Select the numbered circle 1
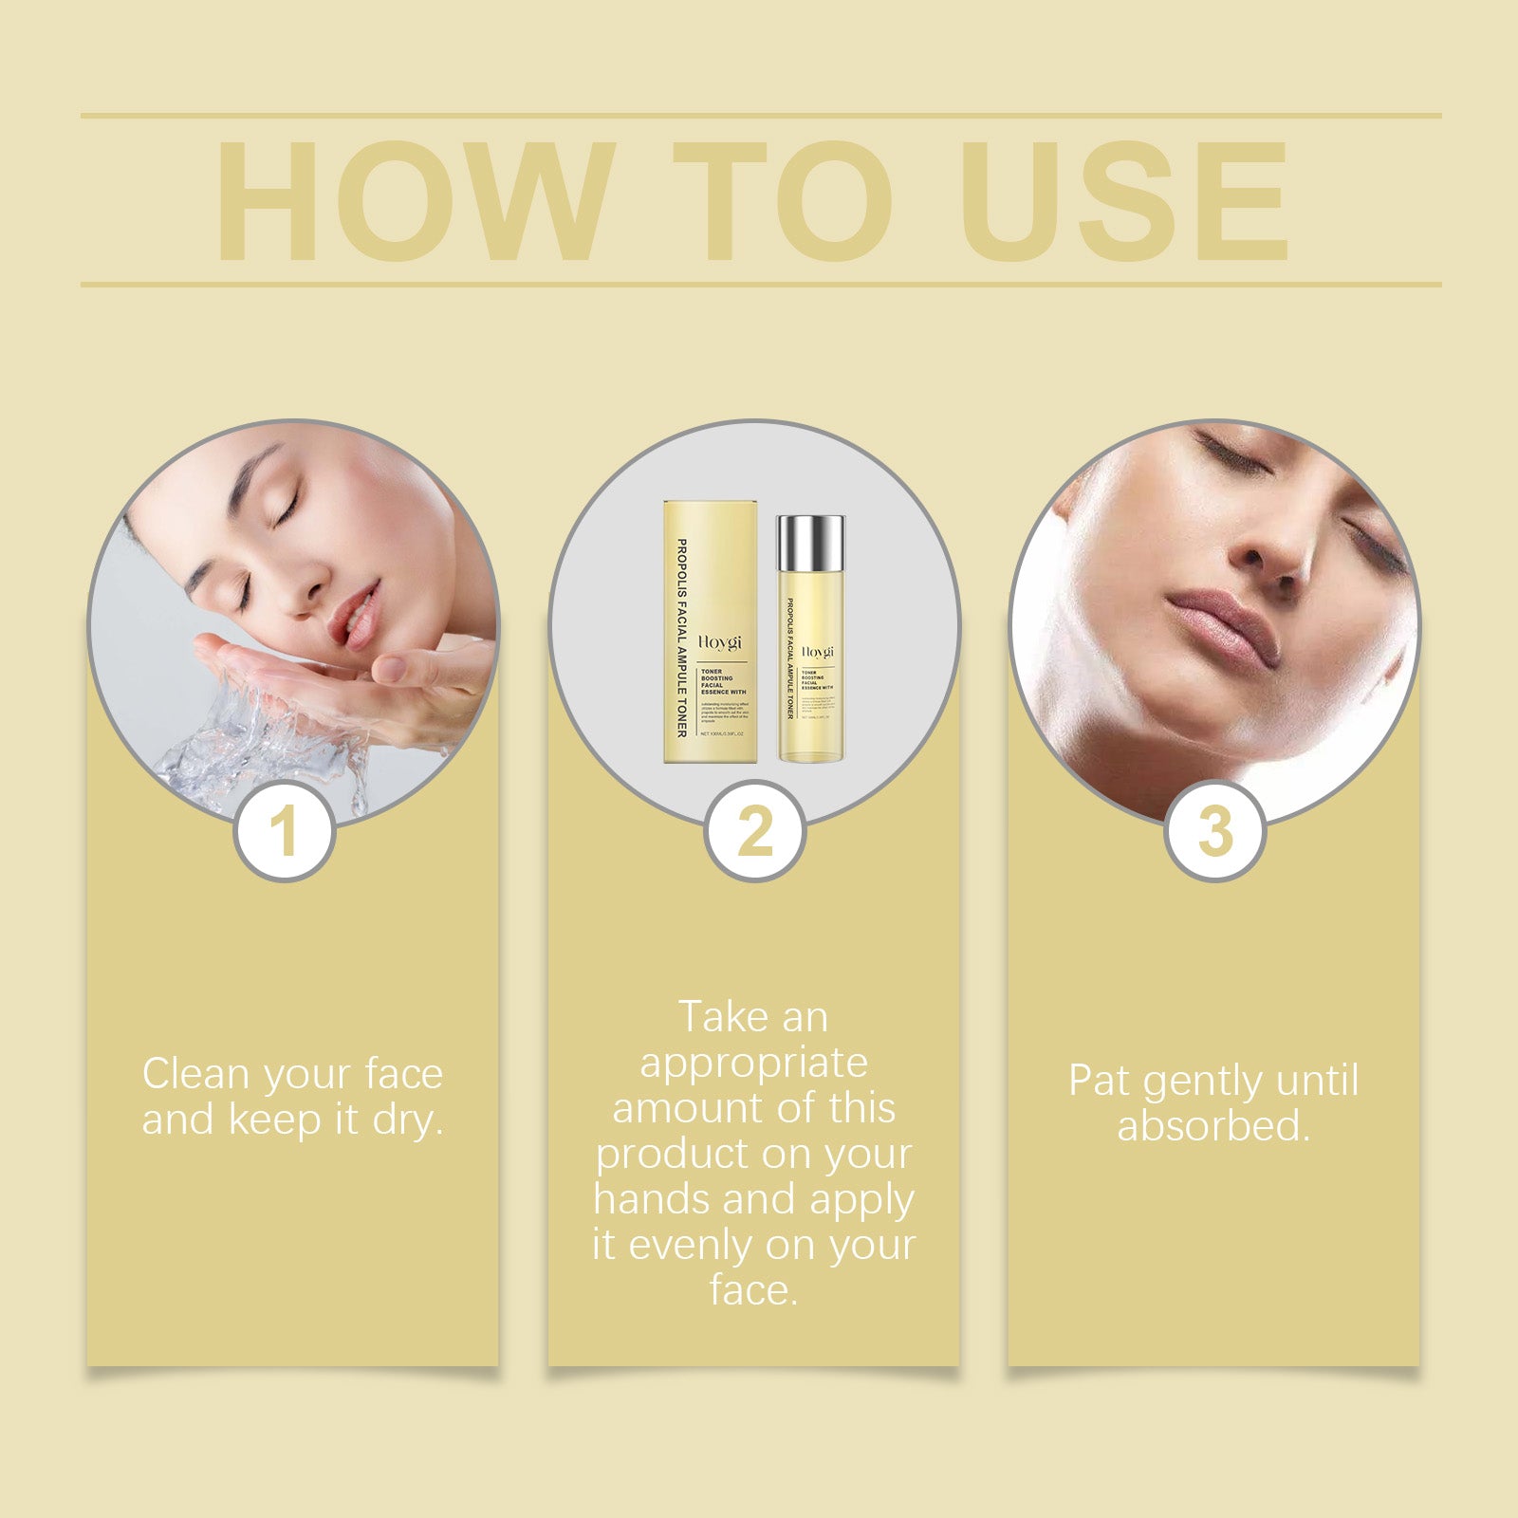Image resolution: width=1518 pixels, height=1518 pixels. [x=285, y=832]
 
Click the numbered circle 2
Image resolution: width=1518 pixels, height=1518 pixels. [x=755, y=832]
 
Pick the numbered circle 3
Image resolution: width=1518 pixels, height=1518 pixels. [x=1215, y=832]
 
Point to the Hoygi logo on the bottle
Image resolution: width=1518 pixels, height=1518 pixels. [x=817, y=653]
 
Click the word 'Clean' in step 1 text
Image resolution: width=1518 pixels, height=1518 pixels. [x=196, y=1075]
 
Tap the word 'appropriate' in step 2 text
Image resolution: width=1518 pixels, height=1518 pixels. [x=754, y=1064]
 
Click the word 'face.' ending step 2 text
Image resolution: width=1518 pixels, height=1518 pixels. [x=754, y=1290]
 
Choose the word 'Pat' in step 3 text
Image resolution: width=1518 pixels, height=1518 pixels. [x=1101, y=1081]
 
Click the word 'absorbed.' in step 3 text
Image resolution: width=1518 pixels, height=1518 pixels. [x=1213, y=1126]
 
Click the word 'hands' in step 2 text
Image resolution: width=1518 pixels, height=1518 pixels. [x=654, y=1199]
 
